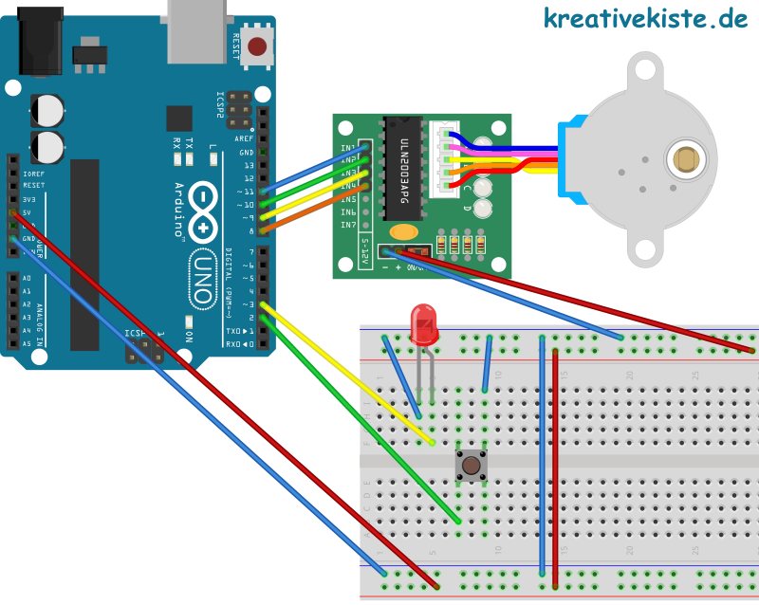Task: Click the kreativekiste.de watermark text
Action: tap(645, 18)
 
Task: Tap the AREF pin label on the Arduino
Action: tap(246, 139)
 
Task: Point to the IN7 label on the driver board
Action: tap(348, 225)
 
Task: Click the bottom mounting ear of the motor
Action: tap(646, 248)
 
